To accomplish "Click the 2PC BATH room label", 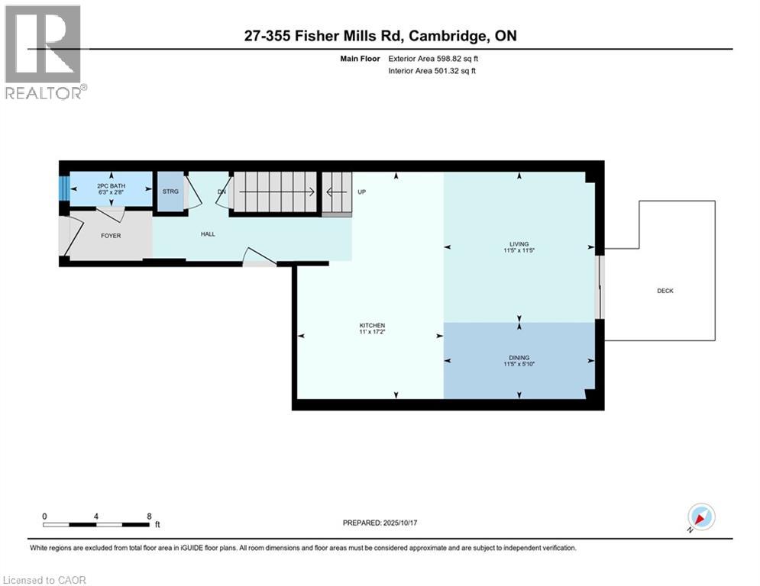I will pos(112,186).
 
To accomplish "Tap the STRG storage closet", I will pos(170,191).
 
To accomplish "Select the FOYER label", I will pos(111,236).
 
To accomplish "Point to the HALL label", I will pos(208,234).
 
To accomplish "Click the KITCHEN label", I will pos(372,326).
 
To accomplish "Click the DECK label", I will pos(665,291).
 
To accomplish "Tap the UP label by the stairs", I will pos(362,192).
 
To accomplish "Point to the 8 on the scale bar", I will pos(148,516).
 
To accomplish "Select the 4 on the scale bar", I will pos(96,516).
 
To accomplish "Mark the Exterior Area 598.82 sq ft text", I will pos(433,58).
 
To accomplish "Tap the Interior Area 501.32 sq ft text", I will pos(432,71).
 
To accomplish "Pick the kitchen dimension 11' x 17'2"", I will pos(372,333).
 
